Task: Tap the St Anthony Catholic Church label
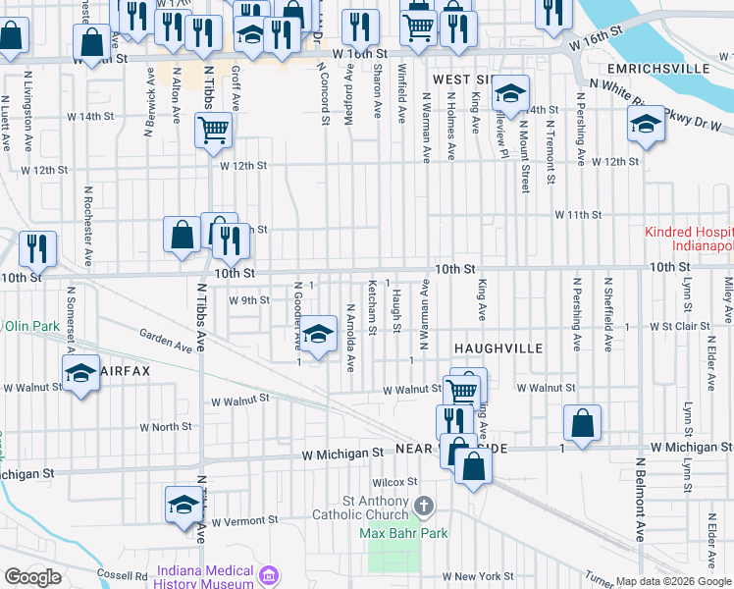pos(360,508)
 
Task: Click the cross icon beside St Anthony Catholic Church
pos(424,507)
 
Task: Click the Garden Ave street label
pos(166,340)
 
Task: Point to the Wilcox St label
pos(394,482)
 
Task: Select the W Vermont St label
pos(245,519)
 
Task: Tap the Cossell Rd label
pos(122,573)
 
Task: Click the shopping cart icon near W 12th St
pos(213,129)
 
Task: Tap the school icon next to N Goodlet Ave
pos(317,334)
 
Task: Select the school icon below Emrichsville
pos(646,124)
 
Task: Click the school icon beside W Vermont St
pos(183,504)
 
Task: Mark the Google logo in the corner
pos(31,577)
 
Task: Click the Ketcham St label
pos(372,308)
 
